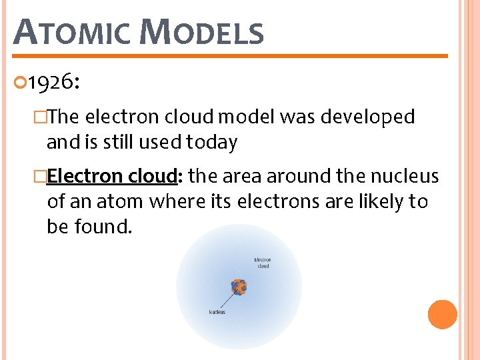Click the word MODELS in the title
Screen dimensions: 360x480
click(x=203, y=32)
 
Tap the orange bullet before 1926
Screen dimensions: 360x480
click(x=19, y=82)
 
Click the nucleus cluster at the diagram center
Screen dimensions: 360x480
click(x=239, y=287)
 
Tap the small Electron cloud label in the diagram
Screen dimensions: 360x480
click(x=263, y=263)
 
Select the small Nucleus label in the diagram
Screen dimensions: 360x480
click(x=217, y=312)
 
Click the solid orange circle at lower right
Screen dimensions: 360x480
click(x=442, y=315)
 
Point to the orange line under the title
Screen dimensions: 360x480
click(x=230, y=56)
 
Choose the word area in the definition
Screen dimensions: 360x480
click(x=242, y=177)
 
